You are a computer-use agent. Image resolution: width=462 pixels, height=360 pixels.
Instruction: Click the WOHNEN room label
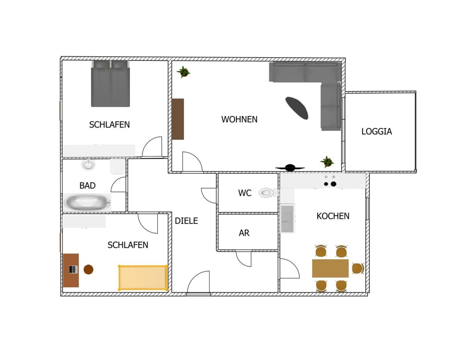click(239, 119)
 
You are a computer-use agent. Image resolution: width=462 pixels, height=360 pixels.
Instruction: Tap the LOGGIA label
click(377, 131)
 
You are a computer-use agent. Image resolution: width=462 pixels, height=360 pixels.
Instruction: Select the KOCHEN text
click(333, 216)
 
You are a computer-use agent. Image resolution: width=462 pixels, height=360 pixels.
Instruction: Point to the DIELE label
click(186, 221)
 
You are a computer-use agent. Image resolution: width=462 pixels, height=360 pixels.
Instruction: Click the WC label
click(245, 193)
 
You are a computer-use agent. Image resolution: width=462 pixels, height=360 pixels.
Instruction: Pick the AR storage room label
click(244, 233)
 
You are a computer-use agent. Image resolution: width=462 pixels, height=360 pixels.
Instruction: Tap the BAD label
click(87, 185)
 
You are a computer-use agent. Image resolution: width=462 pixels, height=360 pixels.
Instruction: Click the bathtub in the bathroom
click(87, 203)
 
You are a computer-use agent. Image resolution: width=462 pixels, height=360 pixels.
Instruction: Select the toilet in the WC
click(267, 193)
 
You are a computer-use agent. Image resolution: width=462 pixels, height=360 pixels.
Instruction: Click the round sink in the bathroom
click(88, 165)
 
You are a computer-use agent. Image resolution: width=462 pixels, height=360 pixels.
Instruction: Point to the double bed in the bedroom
click(110, 84)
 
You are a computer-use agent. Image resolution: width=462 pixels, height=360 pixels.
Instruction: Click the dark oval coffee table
click(297, 108)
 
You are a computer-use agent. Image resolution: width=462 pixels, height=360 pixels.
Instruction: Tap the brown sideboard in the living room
click(178, 119)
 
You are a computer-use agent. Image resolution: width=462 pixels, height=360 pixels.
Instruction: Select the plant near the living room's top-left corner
click(183, 72)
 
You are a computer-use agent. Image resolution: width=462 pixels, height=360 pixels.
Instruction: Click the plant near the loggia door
click(327, 162)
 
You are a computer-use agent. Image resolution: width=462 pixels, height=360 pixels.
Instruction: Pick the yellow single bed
click(143, 278)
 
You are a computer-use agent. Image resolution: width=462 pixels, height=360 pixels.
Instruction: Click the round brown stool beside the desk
click(89, 269)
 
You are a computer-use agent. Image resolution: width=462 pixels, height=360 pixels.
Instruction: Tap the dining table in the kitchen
click(330, 268)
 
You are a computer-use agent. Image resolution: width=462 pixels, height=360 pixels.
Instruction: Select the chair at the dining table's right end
click(357, 268)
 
